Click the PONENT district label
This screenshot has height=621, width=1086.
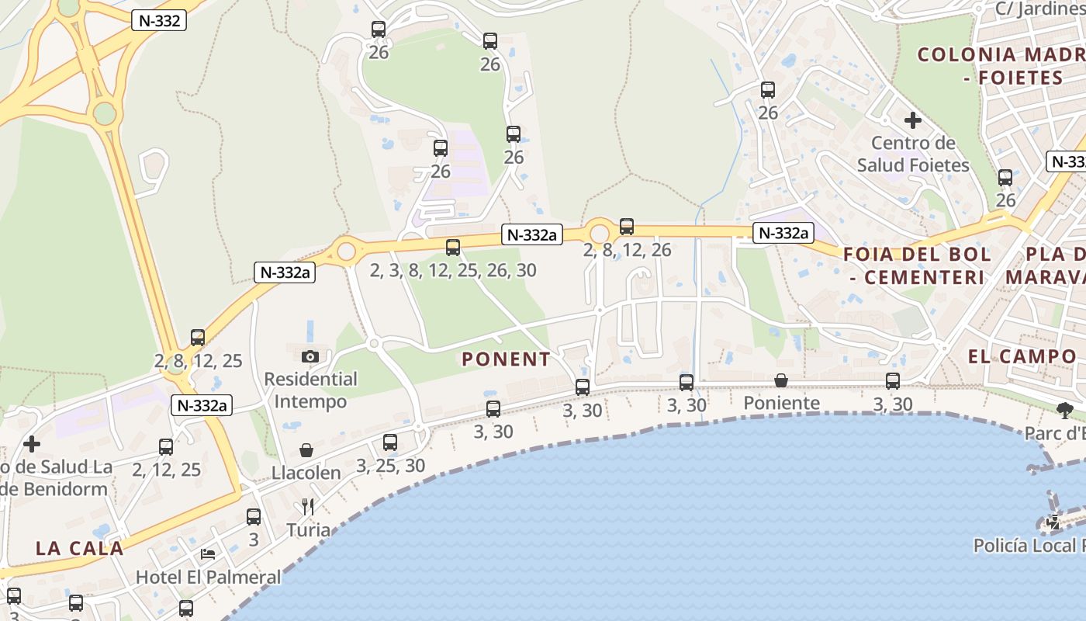click(x=506, y=359)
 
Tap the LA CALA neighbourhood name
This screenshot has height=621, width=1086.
click(x=79, y=548)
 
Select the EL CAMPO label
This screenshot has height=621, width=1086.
click(x=1022, y=356)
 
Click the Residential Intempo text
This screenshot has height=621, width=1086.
click(x=310, y=390)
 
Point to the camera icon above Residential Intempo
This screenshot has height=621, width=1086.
click(x=310, y=356)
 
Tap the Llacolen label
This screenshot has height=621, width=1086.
click(x=306, y=473)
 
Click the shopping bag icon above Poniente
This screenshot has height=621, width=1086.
click(x=781, y=380)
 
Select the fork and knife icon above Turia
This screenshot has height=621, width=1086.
click(x=308, y=507)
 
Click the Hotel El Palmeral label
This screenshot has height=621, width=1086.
click(x=208, y=578)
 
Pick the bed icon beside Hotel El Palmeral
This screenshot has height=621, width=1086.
click(x=208, y=553)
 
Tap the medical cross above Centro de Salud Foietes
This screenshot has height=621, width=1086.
click(x=913, y=120)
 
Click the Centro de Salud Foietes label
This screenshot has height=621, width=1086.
click(x=913, y=154)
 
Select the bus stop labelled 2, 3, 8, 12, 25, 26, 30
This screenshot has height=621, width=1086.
click(x=453, y=248)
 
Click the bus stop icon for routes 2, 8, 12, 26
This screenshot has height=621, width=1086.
click(x=627, y=227)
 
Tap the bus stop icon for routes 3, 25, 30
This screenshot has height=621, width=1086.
click(x=390, y=442)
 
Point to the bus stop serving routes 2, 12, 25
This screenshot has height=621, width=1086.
click(x=166, y=447)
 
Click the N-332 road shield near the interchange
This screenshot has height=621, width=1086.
click(x=159, y=21)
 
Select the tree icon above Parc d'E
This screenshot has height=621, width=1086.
click(x=1064, y=410)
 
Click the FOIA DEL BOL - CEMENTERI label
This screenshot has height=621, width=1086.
click(x=917, y=265)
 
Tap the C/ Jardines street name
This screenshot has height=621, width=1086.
click(x=1039, y=9)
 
